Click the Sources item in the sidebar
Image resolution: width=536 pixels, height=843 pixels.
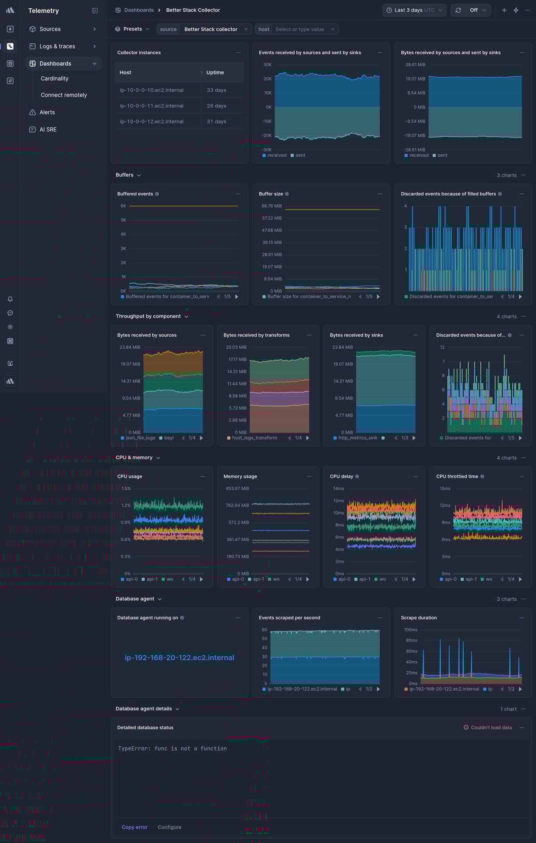pyautogui.click(x=50, y=29)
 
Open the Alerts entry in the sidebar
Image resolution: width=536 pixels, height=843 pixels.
pyautogui.click(x=47, y=112)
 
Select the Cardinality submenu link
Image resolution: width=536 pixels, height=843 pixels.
pyautogui.click(x=54, y=78)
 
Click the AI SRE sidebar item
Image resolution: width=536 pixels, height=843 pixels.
pyautogui.click(x=48, y=130)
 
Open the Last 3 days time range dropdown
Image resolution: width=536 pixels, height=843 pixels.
pyautogui.click(x=414, y=10)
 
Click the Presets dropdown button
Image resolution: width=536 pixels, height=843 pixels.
pyautogui.click(x=132, y=29)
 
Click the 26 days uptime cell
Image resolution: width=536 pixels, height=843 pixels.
pyautogui.click(x=216, y=106)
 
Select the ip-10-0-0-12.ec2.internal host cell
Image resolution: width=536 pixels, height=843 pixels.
pyautogui.click(x=152, y=122)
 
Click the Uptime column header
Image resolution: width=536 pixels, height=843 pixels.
pyautogui.click(x=215, y=73)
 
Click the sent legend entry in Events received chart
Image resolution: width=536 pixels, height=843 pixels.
pyautogui.click(x=300, y=156)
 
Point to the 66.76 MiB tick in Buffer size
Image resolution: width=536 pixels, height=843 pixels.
pyautogui.click(x=272, y=206)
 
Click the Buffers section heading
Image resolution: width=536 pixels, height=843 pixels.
pyautogui.click(x=124, y=175)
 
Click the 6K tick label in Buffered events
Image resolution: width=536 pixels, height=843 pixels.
pyautogui.click(x=123, y=206)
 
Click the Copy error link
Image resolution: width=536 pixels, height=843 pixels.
pyautogui.click(x=134, y=827)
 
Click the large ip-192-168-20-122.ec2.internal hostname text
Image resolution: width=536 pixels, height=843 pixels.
pyautogui.click(x=179, y=658)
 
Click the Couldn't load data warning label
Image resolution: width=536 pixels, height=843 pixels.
pyautogui.click(x=491, y=728)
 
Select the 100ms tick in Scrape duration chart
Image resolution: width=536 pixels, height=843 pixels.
pyautogui.click(x=410, y=630)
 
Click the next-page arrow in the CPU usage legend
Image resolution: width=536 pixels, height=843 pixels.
pyautogui.click(x=201, y=579)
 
